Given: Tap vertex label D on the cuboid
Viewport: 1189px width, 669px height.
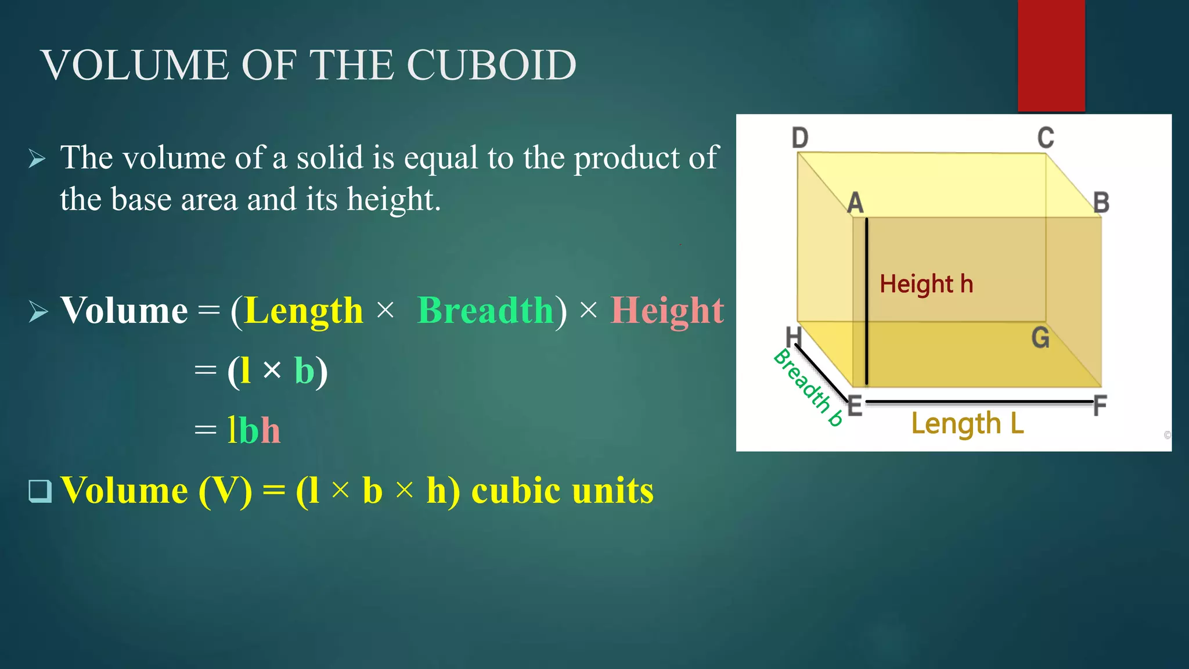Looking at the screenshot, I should (800, 138).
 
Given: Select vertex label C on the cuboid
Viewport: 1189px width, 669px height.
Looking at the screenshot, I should (1046, 138).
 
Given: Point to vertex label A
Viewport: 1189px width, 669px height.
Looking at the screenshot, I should (855, 203).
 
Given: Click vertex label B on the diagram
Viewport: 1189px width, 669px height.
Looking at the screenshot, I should (1101, 203).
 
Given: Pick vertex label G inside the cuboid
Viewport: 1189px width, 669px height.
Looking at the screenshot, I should (1040, 337).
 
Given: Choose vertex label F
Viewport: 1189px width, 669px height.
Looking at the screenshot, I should (1100, 405).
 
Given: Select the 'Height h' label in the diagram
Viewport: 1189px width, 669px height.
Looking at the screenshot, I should (926, 284).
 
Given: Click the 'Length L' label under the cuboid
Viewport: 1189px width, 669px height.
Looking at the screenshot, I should (967, 423).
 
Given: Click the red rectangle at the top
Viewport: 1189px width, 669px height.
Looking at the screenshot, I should (1051, 55).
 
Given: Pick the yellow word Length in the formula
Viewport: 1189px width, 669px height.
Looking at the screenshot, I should (304, 310).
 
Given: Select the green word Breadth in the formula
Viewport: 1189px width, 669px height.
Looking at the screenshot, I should (485, 310).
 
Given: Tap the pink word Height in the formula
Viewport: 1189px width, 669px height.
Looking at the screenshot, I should (667, 310).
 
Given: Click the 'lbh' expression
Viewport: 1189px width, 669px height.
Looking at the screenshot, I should (254, 430).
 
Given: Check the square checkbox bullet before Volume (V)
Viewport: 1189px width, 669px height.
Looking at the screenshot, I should (40, 491).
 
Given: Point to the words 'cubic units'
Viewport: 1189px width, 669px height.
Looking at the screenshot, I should (562, 491).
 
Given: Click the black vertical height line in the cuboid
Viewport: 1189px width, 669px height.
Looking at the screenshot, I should (866, 302).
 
